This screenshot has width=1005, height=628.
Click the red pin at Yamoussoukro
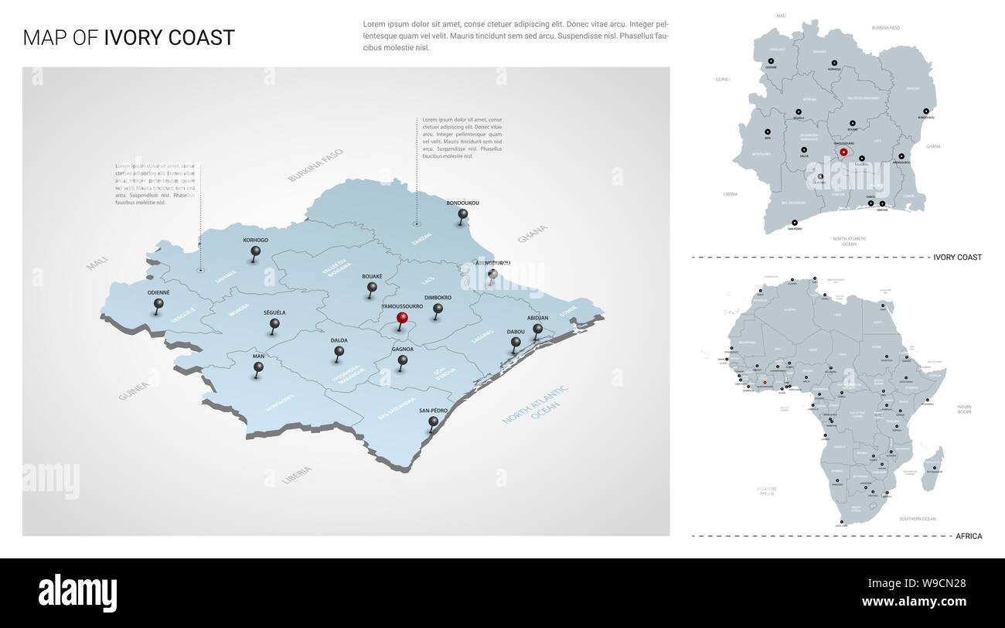401,318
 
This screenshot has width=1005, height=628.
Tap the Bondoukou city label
462,203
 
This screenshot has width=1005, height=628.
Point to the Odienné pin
158,304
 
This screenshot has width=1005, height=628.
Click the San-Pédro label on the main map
433,410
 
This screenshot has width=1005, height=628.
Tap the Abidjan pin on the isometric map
537,329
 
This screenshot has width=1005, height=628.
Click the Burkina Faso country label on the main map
315,166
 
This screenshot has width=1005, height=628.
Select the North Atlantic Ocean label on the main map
535,404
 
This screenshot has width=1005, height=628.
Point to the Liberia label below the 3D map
297,474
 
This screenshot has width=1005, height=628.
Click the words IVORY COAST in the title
169,38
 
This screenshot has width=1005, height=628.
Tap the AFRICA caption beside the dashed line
969,535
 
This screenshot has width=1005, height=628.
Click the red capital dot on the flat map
843,152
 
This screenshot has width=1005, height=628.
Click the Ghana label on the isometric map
532,234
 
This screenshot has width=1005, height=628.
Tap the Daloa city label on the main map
339,340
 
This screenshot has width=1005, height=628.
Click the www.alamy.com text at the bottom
914,601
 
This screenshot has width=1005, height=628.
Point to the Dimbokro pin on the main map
438,309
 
